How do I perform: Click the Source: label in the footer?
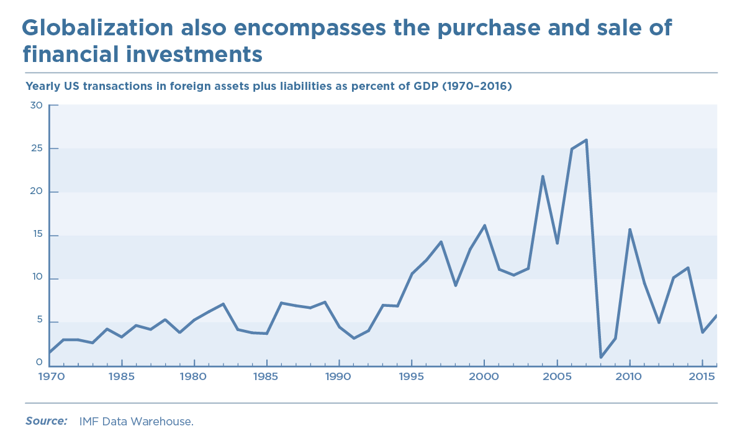[x=46, y=421]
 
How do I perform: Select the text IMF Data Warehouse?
[x=136, y=422]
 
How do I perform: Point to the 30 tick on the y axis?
[x=36, y=105]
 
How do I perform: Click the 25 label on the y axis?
[x=36, y=149]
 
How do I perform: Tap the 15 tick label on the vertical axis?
[x=36, y=235]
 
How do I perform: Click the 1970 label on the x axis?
[x=49, y=377]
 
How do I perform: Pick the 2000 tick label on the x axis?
[x=484, y=377]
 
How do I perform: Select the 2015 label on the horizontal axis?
[x=702, y=377]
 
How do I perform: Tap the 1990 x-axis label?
[x=339, y=377]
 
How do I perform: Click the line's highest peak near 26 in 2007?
[x=586, y=140]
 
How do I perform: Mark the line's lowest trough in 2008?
[x=601, y=357]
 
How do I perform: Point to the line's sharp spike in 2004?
[x=543, y=177]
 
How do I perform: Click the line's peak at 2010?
[x=630, y=229]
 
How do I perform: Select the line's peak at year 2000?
[x=484, y=226]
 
